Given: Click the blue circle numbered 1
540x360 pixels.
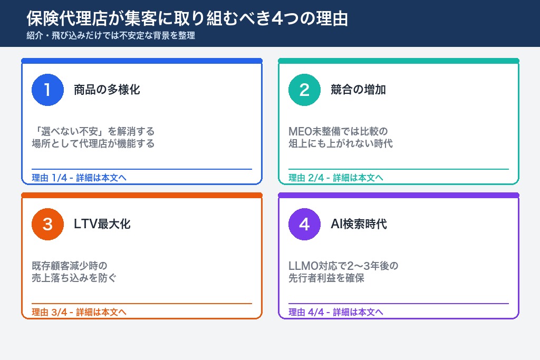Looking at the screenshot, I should pyautogui.click(x=47, y=90).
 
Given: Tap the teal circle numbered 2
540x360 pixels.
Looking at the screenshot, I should pyautogui.click(x=304, y=90).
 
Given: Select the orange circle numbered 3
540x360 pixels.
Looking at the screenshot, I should pyautogui.click(x=47, y=224).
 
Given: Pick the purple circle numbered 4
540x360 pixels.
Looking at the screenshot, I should pyautogui.click(x=304, y=224).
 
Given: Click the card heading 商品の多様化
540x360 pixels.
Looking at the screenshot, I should pyautogui.click(x=107, y=90).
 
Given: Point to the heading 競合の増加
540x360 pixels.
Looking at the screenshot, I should pyautogui.click(x=358, y=90).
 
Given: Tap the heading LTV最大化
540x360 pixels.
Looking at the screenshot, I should pyautogui.click(x=102, y=224).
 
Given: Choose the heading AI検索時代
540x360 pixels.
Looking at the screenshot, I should pyautogui.click(x=359, y=224).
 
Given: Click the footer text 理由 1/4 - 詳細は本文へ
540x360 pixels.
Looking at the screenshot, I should pyautogui.click(x=79, y=178).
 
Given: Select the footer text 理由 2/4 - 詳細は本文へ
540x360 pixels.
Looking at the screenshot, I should pyautogui.click(x=336, y=178).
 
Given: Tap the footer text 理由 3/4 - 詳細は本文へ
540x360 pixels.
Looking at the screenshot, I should pyautogui.click(x=79, y=312).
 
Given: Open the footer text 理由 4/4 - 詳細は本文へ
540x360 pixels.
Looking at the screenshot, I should pyautogui.click(x=336, y=312).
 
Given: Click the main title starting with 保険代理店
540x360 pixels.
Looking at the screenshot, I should pyautogui.click(x=187, y=18).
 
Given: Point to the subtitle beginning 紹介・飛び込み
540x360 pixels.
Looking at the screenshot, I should pyautogui.click(x=111, y=36).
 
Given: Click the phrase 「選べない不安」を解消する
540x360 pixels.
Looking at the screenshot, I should pyautogui.click(x=93, y=131).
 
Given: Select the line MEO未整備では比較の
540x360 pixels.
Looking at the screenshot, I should pyautogui.click(x=338, y=131).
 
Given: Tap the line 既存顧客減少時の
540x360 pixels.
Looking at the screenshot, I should pyautogui.click(x=70, y=266).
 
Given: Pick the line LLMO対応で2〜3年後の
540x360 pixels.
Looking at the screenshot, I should pyautogui.click(x=343, y=266).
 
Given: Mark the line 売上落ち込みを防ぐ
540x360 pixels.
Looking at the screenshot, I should pyautogui.click(x=74, y=278).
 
